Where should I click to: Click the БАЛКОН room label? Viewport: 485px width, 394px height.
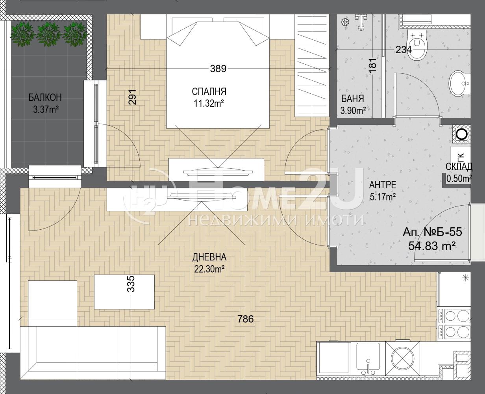[45, 98]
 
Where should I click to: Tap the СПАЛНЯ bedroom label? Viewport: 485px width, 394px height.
[209, 92]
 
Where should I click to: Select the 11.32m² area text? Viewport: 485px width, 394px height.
[208, 104]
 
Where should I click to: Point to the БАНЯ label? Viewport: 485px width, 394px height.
[352, 98]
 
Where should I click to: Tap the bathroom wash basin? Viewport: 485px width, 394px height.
[460, 84]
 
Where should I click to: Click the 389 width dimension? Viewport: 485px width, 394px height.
[218, 69]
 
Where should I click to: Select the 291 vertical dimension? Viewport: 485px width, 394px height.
[133, 97]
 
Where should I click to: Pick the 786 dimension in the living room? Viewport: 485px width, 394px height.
[246, 319]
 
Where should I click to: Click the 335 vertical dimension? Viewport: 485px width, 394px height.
[131, 284]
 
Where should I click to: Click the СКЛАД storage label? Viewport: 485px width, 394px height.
[459, 167]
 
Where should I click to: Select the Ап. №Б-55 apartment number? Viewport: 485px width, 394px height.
[432, 232]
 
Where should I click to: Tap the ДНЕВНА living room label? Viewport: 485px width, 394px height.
[209, 257]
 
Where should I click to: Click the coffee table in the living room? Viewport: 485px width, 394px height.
[124, 292]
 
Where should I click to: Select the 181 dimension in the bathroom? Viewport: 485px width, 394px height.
[372, 65]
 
